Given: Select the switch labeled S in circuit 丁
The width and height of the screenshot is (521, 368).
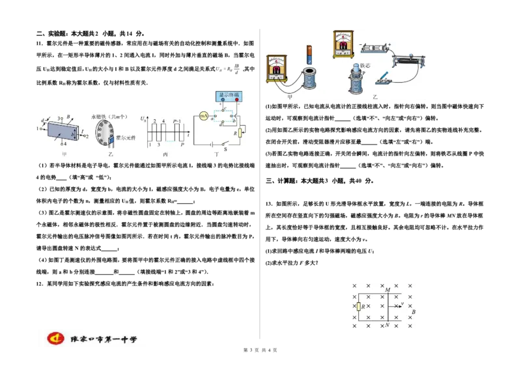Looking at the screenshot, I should [225, 143].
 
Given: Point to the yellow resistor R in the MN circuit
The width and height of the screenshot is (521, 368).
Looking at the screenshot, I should [358, 306].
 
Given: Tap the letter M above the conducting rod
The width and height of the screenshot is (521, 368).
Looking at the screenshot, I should [387, 289].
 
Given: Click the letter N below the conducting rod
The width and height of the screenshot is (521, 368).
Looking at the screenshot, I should [387, 324].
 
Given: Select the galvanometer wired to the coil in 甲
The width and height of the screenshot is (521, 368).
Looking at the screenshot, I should [278, 69].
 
